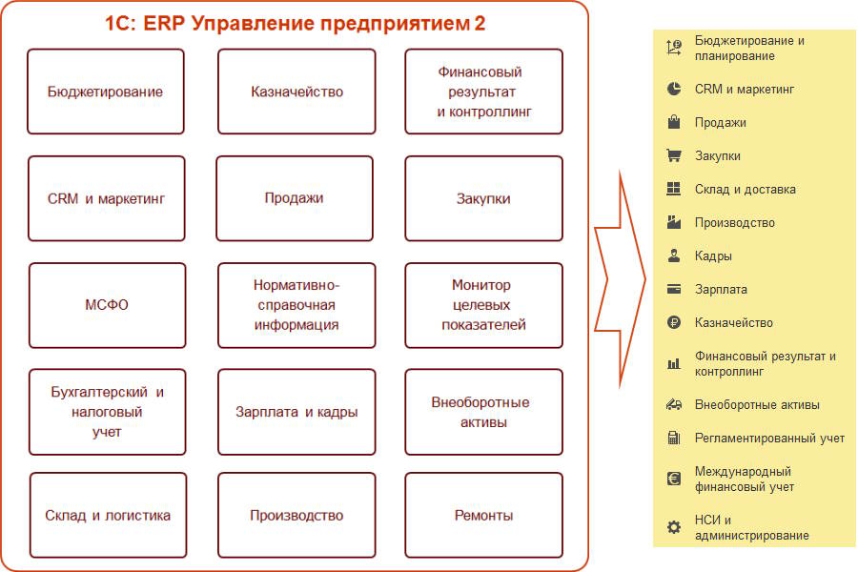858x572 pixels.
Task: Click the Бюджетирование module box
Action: pyautogui.click(x=106, y=92)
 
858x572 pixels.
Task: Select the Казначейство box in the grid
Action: pyautogui.click(x=296, y=92)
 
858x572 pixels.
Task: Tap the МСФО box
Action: pyautogui.click(x=107, y=305)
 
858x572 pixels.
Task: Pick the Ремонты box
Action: pyautogui.click(x=483, y=515)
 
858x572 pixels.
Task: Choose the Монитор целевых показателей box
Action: pyautogui.click(x=483, y=305)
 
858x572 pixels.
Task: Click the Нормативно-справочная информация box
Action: pyautogui.click(x=296, y=305)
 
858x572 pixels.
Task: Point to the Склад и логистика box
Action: pyautogui.click(x=108, y=515)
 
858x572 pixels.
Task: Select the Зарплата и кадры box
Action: pyautogui.click(x=296, y=412)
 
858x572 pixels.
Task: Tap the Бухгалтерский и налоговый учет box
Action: pyautogui.click(x=107, y=412)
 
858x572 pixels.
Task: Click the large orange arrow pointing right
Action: pyautogui.click(x=621, y=279)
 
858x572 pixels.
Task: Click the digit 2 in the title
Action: pyautogui.click(x=480, y=24)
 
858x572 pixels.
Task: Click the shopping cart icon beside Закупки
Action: pyautogui.click(x=674, y=156)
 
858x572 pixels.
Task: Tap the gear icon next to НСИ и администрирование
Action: pyautogui.click(x=674, y=527)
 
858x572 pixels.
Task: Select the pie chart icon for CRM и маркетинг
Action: pyautogui.click(x=674, y=89)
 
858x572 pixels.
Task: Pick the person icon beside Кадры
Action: pyautogui.click(x=674, y=255)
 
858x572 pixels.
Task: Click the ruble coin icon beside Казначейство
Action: pyautogui.click(x=674, y=322)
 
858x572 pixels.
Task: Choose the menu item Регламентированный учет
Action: pyautogui.click(x=769, y=438)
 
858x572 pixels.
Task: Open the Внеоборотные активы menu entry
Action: pyautogui.click(x=757, y=404)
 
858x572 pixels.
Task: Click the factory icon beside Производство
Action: pyautogui.click(x=674, y=222)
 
